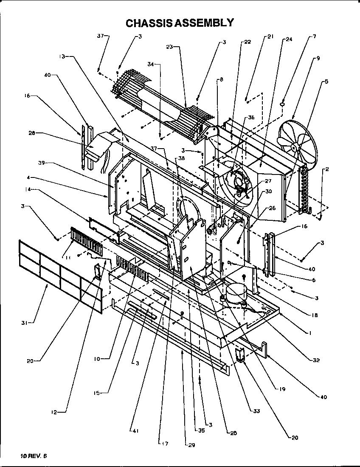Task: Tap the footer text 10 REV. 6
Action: coord(33,456)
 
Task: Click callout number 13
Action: coord(62,56)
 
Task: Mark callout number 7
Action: coord(315,37)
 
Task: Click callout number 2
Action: coord(326,169)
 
